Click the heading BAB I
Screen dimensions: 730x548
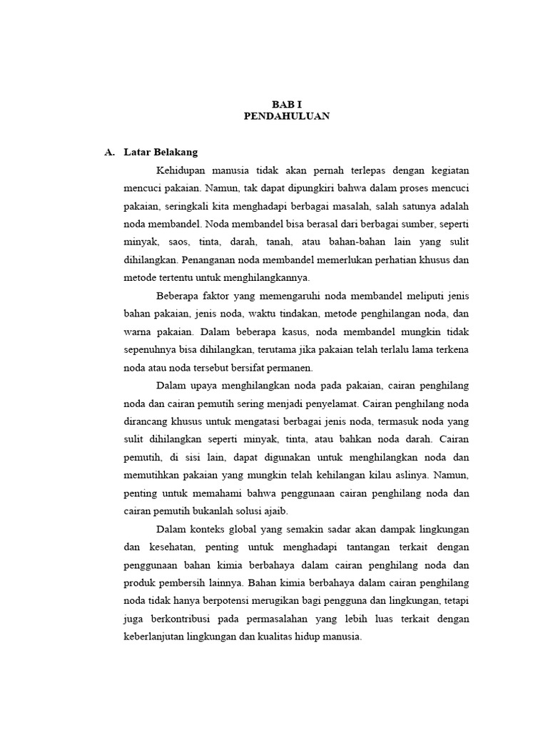pyautogui.click(x=287, y=104)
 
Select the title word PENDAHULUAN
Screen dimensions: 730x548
pyautogui.click(x=287, y=116)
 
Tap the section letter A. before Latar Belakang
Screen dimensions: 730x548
pyautogui.click(x=109, y=153)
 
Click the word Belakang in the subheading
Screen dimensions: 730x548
pyautogui.click(x=174, y=153)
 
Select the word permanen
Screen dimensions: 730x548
pyautogui.click(x=289, y=368)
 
